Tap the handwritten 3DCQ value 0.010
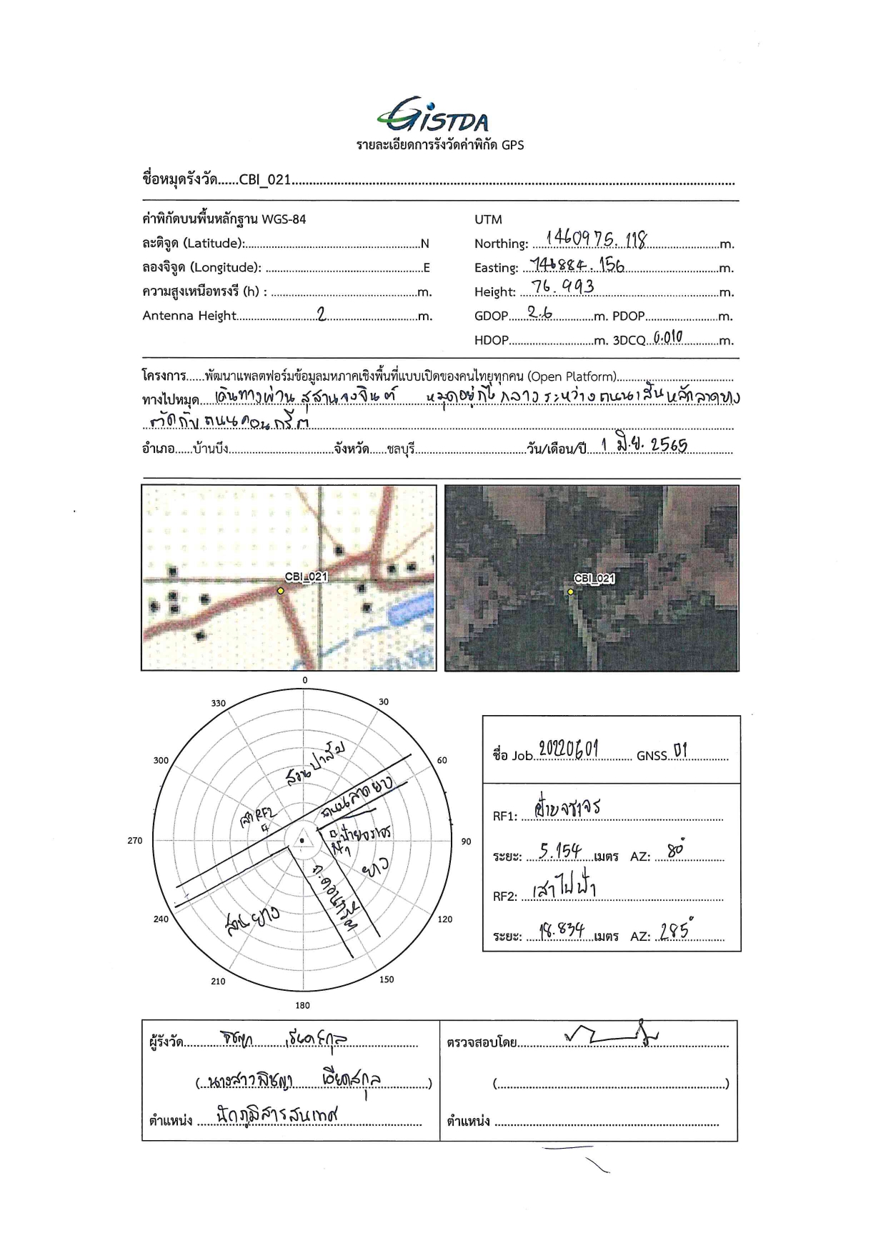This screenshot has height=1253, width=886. coord(668,336)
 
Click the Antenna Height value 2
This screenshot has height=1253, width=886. coord(322,314)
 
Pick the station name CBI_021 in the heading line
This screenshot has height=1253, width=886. coord(264,179)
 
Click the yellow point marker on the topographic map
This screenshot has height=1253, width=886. coord(281,591)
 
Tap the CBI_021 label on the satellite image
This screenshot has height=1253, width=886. coord(594,579)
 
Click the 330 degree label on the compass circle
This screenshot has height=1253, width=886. coord(218,704)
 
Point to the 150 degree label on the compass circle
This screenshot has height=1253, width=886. coord(387,979)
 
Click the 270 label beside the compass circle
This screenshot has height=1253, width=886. coord(135,841)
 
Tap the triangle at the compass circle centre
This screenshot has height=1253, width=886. coord(302,841)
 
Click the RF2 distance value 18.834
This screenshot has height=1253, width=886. coord(562,930)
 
